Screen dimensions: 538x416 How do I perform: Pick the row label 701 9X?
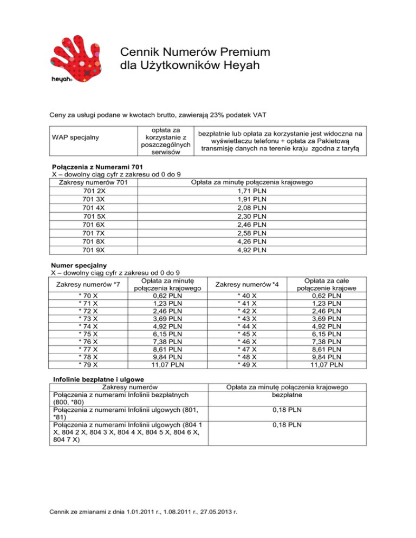pyautogui.click(x=95, y=250)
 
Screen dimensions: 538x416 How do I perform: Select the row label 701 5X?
pyautogui.click(x=95, y=216)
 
